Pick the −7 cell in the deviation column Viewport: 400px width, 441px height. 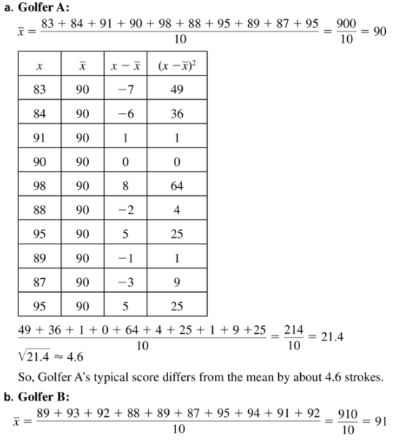tap(126, 90)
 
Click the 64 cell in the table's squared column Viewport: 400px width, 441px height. tap(177, 186)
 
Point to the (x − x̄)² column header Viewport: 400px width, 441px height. tap(176, 66)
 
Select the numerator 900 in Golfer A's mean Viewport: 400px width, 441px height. tap(346, 23)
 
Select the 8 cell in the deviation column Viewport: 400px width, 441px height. tap(126, 186)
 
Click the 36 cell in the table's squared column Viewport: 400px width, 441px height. tap(177, 114)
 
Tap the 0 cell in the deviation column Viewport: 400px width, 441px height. tap(126, 162)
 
